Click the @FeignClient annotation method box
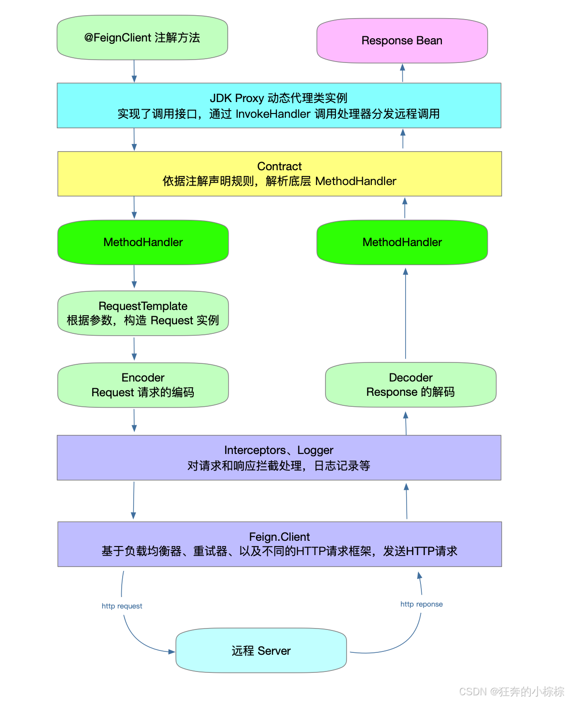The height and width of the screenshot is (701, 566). click(x=142, y=38)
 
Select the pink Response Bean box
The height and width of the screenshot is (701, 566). click(x=402, y=41)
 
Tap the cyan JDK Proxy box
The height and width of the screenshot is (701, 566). click(x=279, y=105)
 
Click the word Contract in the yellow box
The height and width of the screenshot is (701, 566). click(x=279, y=166)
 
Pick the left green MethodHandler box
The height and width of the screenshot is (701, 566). click(x=143, y=242)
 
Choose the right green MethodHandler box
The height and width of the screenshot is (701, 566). click(x=402, y=242)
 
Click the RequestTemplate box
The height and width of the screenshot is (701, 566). click(x=143, y=313)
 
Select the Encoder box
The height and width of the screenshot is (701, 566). click(x=143, y=385)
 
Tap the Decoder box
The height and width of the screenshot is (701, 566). click(x=410, y=385)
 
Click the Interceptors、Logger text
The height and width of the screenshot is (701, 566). click(x=279, y=450)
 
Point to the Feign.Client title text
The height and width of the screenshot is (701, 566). click(x=279, y=537)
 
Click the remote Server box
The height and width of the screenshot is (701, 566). click(x=261, y=650)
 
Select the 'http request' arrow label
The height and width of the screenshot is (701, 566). click(x=122, y=606)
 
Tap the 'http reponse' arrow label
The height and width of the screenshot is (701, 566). click(x=421, y=604)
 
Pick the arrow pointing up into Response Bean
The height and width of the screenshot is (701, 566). click(x=402, y=73)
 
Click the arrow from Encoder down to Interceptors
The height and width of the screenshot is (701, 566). click(x=134, y=421)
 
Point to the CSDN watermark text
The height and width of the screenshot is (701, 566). click(x=511, y=691)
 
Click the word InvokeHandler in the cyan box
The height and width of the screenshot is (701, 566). click(x=273, y=114)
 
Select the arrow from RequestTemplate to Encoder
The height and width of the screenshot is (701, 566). click(x=134, y=349)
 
